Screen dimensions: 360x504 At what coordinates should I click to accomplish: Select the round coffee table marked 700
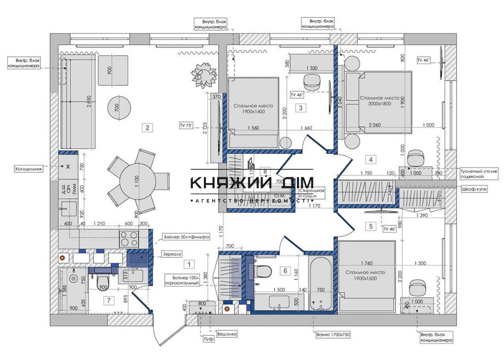click(x=119, y=106)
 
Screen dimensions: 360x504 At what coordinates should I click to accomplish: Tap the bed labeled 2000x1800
click(x=379, y=101)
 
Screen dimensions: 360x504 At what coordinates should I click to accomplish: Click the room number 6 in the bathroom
click(x=285, y=271)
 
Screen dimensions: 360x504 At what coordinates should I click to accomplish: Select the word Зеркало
click(x=172, y=255)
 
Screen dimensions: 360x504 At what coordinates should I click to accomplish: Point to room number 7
click(x=107, y=301)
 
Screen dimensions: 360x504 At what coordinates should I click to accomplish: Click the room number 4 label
click(x=371, y=160)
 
